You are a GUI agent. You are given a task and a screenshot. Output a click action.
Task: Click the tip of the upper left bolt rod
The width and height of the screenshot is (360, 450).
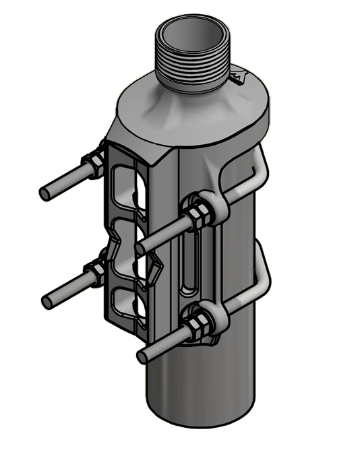(44, 193)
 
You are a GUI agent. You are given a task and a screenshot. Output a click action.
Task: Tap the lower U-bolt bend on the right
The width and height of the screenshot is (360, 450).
(262, 283)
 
